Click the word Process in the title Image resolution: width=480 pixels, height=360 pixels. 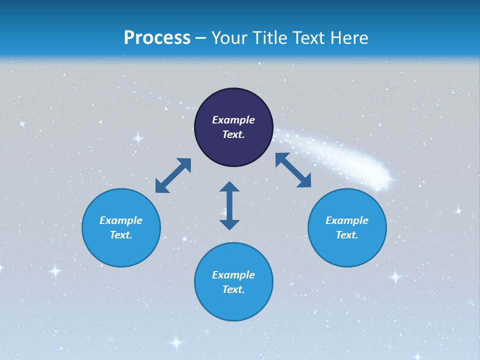click(x=157, y=38)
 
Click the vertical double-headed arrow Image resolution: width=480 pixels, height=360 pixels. click(x=229, y=205)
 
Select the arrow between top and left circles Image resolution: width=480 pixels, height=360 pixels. click(x=173, y=175)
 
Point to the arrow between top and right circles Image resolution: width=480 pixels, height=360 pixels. click(x=293, y=170)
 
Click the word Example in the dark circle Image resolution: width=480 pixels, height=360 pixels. click(x=233, y=120)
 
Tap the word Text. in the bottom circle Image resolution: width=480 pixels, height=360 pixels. click(x=233, y=289)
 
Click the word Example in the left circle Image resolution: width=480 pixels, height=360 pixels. click(x=121, y=220)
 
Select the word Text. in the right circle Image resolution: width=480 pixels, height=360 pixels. click(x=347, y=235)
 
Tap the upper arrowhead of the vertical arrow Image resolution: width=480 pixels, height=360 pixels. click(x=229, y=187)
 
